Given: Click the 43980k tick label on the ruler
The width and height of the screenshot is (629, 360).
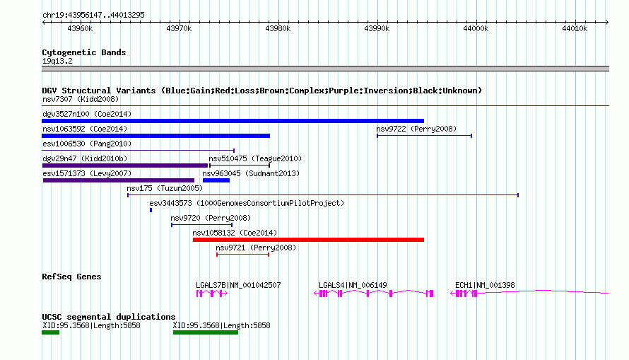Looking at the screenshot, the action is tap(278, 28).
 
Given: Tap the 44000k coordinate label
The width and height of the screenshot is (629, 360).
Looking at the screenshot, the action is tap(476, 28).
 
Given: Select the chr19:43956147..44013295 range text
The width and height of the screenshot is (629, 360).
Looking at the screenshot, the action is tap(93, 16).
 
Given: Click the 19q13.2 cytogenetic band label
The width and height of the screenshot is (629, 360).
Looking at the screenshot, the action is tap(57, 61).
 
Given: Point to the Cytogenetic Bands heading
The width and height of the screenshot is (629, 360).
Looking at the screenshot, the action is tap(84, 52).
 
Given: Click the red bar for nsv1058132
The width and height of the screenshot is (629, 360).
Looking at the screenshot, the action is tap(308, 240).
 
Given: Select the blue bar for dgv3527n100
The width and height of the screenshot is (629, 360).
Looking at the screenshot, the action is tap(233, 121).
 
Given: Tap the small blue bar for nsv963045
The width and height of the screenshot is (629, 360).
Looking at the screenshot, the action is tap(216, 180).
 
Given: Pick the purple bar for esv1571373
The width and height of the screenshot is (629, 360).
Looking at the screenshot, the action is tap(119, 180).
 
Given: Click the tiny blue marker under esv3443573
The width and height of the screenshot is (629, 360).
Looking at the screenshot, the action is tap(151, 210).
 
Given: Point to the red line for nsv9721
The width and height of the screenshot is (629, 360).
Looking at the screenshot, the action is tap(242, 255).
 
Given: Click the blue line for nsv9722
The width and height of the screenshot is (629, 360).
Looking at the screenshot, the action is tap(425, 136).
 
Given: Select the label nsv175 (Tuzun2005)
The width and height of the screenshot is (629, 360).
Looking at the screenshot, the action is tap(165, 188).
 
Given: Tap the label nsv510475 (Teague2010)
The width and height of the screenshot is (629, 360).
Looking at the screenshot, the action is tap(255, 158).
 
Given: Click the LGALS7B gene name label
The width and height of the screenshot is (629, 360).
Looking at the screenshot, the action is tap(211, 285).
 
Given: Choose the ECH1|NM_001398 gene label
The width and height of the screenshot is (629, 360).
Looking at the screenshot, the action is tap(485, 285).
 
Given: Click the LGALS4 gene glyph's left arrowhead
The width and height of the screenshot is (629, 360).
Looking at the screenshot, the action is tap(316, 294).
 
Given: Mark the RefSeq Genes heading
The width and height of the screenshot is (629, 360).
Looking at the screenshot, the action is tap(71, 277).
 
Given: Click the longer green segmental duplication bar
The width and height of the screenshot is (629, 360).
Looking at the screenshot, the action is tap(206, 332).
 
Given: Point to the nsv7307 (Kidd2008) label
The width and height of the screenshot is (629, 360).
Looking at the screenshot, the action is tap(81, 99).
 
